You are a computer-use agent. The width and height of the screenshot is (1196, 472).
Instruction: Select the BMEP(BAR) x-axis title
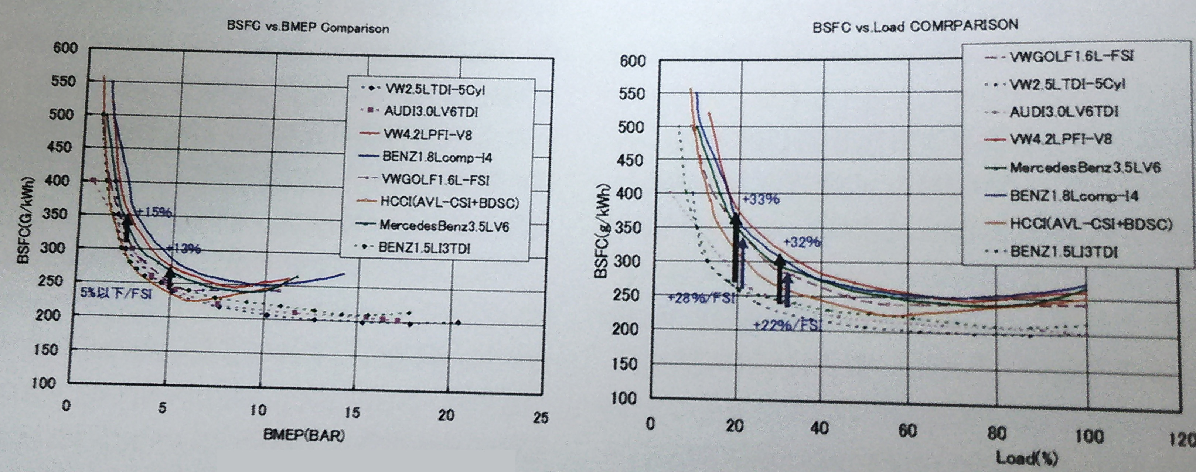pos(304,435)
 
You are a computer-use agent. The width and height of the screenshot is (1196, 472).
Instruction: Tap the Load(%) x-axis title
pos(1027,458)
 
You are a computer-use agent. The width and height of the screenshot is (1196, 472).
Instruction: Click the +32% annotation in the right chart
pos(802,242)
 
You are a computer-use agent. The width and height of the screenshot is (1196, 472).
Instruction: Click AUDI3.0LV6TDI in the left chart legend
pos(431,112)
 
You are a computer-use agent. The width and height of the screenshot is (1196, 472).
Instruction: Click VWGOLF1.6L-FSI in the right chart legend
pos(1071,56)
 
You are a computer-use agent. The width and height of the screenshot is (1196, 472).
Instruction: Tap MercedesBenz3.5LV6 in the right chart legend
pos(1084,168)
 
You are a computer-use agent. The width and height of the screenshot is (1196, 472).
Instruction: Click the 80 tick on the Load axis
pos(996,434)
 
